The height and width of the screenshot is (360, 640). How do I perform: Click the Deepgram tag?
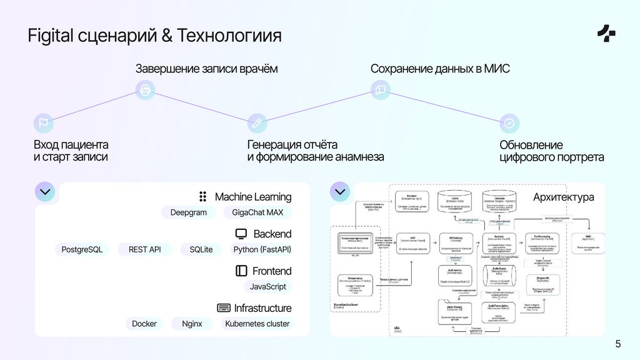[188, 212]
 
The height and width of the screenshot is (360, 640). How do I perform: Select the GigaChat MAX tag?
[257, 212]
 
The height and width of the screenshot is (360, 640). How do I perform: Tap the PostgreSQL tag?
[82, 249]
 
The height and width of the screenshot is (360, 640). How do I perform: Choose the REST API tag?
[145, 249]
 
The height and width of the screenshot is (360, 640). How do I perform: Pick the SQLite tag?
[201, 249]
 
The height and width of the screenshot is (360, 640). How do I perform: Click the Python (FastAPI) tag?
[262, 249]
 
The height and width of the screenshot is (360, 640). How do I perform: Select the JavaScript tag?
[267, 286]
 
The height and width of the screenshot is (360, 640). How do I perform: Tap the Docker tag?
[144, 324]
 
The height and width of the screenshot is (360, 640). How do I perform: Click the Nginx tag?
[192, 324]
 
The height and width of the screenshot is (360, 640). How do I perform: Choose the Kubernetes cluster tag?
[257, 324]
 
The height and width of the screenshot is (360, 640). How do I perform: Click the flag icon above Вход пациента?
[43, 122]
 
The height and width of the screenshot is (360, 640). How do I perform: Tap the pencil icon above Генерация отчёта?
[257, 122]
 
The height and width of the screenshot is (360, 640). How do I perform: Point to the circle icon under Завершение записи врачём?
[146, 90]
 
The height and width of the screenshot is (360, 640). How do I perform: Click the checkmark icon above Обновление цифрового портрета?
[509, 122]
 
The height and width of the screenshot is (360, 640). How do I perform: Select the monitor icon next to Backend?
[241, 234]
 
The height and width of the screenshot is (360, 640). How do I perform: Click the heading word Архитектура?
[563, 197]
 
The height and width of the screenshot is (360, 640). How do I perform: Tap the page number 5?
[618, 344]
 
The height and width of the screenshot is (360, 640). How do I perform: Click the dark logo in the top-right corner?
[606, 34]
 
